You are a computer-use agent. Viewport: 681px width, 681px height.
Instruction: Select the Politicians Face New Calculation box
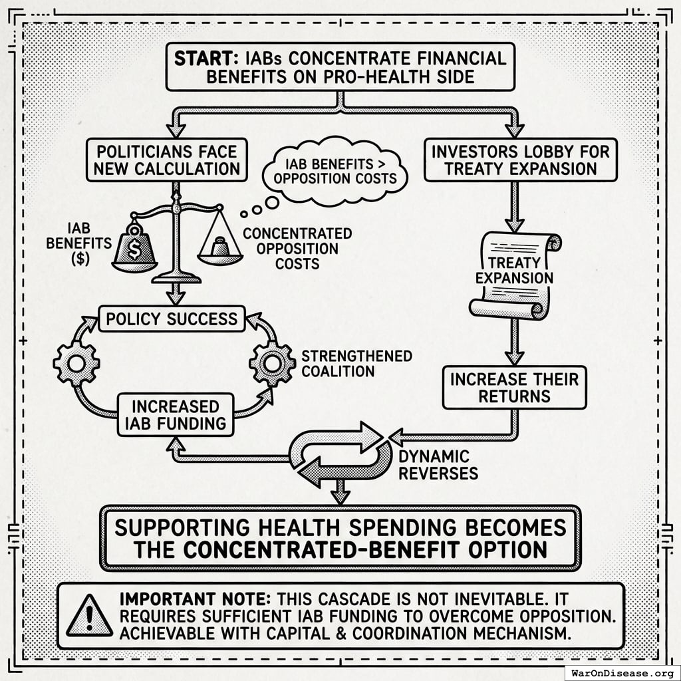click(166, 159)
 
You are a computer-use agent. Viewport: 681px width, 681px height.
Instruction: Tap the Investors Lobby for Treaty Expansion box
click(521, 159)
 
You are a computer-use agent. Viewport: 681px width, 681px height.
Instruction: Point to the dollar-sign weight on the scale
click(135, 249)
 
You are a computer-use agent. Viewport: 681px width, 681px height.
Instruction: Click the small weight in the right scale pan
click(219, 249)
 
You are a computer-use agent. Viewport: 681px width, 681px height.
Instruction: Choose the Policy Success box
click(172, 319)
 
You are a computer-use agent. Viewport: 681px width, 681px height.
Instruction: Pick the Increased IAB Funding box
click(176, 414)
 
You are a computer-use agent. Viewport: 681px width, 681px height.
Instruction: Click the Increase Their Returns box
click(514, 388)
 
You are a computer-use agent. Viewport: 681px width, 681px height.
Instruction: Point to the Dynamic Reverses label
click(436, 465)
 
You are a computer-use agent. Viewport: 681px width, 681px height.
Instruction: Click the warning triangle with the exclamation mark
click(89, 615)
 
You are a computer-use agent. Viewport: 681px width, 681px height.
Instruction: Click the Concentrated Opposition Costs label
click(297, 248)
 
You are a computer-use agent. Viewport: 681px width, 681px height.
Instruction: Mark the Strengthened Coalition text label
click(356, 363)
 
